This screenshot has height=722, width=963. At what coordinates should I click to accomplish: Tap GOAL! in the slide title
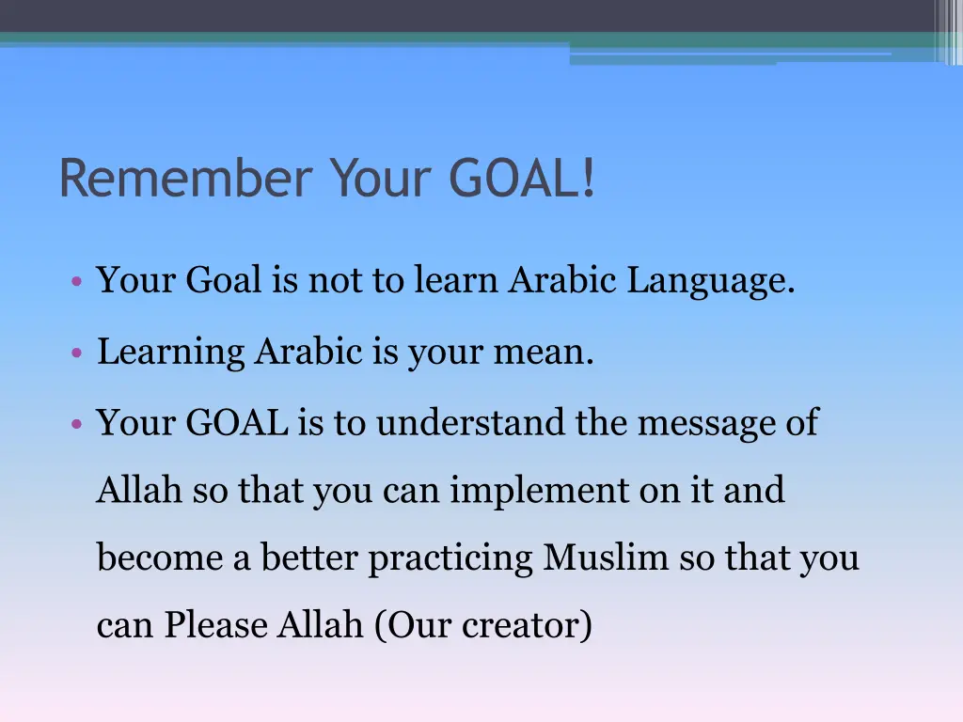[x=522, y=179]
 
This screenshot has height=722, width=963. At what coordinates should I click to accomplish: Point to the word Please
[x=216, y=625]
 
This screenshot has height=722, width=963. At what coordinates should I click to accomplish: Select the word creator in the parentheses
[x=527, y=625]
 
